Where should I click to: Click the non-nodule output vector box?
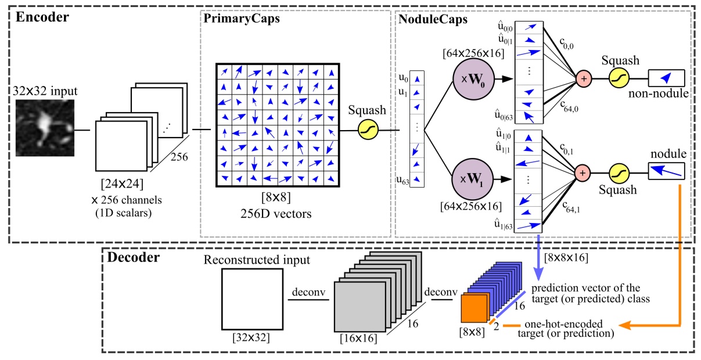click(666, 77)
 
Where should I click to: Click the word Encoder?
click(42, 17)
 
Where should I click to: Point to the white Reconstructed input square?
click(246, 300)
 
